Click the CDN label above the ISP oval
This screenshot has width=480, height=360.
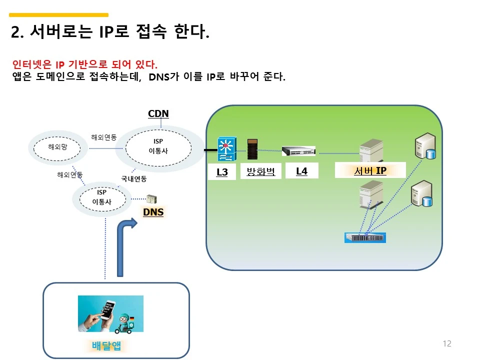pyautogui.click(x=158, y=113)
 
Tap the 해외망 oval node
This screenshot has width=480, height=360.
pyautogui.click(x=57, y=147)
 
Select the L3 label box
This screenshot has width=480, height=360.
pyautogui.click(x=222, y=172)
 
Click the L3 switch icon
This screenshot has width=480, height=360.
pyautogui.click(x=226, y=149)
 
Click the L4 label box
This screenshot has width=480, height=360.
pyautogui.click(x=301, y=171)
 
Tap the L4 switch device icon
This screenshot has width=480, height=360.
pyautogui.click(x=299, y=151)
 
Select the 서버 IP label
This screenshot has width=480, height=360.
pyautogui.click(x=370, y=171)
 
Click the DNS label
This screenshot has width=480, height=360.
pyautogui.click(x=153, y=212)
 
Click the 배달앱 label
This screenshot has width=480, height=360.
pyautogui.click(x=106, y=345)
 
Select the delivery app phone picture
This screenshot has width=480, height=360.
pyautogui.click(x=110, y=314)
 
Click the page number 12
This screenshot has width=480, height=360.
pyautogui.click(x=447, y=343)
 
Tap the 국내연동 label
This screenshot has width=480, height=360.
pyautogui.click(x=134, y=178)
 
